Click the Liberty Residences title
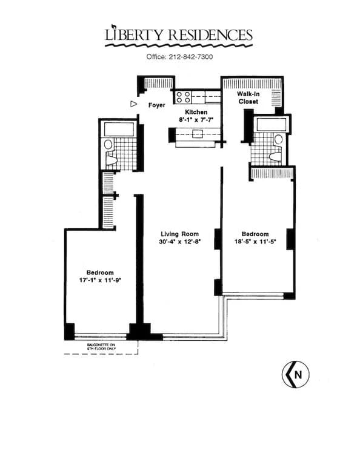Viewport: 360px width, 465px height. pos(179,35)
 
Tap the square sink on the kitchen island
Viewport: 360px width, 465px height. pos(197,134)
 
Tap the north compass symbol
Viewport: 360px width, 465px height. pos(295,375)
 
